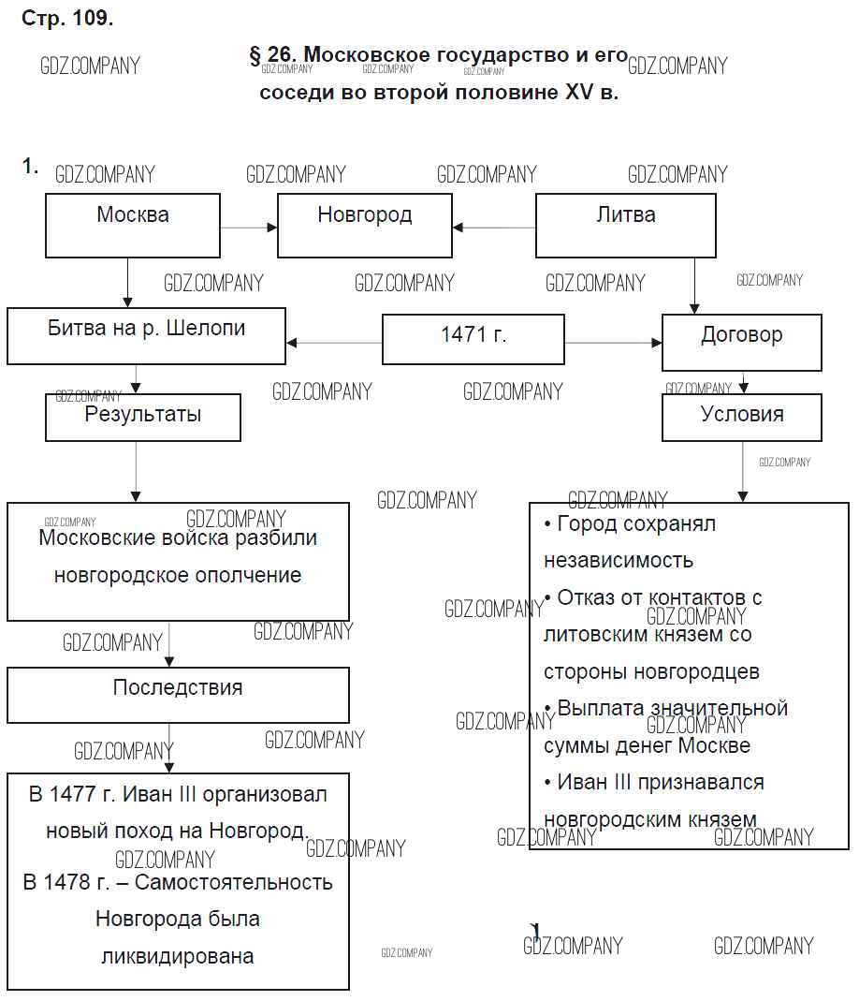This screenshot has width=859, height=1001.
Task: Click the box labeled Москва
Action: click(133, 225)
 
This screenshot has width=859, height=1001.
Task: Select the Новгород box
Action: click(365, 225)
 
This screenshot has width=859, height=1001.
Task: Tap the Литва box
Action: click(625, 225)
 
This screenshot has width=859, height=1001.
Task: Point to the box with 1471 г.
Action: click(473, 339)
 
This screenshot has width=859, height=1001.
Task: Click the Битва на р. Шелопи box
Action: click(146, 338)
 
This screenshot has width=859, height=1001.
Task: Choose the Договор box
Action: click(741, 342)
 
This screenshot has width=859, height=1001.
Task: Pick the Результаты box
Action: click(142, 418)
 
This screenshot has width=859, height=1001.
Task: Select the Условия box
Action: click(741, 418)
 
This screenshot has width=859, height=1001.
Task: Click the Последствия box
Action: click(178, 695)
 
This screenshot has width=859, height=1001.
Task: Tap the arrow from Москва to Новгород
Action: click(249, 227)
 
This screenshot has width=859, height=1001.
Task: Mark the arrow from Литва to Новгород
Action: click(494, 227)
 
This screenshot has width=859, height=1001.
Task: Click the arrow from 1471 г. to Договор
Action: click(613, 343)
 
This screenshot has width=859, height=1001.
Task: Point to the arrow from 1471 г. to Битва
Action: click(334, 343)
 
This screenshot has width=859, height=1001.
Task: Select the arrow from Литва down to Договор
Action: click(694, 286)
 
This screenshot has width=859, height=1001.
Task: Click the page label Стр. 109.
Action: click(66, 19)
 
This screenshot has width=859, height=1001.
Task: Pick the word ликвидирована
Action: click(178, 957)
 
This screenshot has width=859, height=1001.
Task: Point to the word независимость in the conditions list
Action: click(619, 561)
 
